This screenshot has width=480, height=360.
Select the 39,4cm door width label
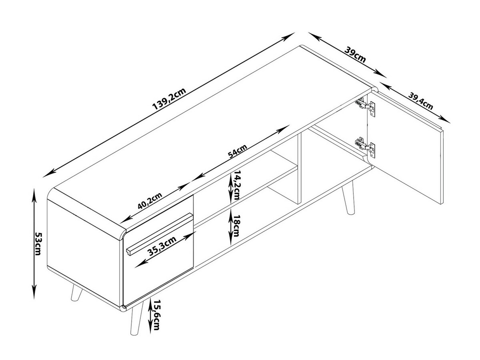[x=421, y=101]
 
